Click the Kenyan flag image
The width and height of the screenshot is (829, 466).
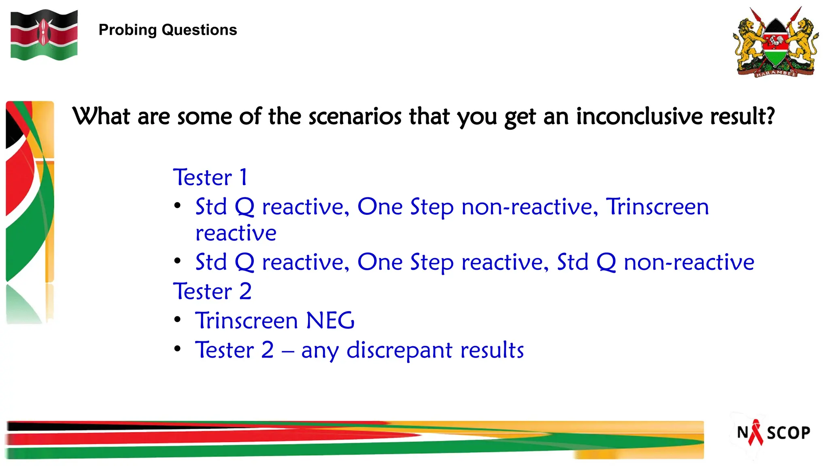click(44, 35)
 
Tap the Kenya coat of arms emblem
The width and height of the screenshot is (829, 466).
click(775, 42)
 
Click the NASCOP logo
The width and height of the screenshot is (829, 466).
click(773, 432)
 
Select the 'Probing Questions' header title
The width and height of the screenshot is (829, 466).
click(168, 30)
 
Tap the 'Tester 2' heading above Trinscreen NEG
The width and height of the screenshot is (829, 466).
click(212, 291)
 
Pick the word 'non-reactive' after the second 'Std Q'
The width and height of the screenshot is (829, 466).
click(689, 262)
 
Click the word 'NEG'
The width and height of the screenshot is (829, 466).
click(330, 320)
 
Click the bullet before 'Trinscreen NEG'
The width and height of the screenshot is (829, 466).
click(177, 320)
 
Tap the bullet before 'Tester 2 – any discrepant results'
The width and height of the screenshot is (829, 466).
click(177, 349)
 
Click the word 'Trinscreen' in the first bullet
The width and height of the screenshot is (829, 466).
click(657, 207)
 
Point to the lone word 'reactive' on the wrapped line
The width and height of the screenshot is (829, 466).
click(236, 233)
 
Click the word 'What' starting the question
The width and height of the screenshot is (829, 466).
click(101, 116)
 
